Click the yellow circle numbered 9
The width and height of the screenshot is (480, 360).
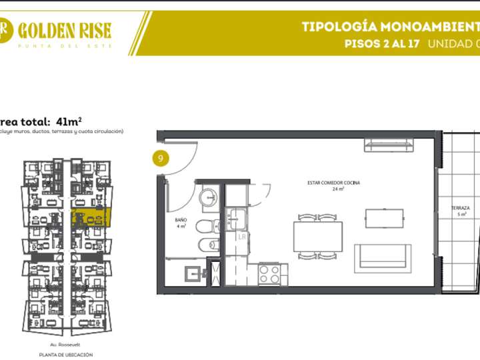160,159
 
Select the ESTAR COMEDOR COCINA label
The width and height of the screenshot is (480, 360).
325,185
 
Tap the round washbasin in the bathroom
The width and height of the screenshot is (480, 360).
207,197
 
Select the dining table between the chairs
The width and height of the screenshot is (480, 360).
317,237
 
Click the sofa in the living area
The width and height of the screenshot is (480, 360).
382,255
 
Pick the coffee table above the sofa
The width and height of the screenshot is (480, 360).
384,218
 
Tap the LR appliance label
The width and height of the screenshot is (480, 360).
242,236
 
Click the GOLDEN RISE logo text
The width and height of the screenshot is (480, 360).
65,30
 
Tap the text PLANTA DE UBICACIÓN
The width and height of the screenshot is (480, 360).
65,355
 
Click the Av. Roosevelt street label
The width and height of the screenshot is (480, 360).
65,345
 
